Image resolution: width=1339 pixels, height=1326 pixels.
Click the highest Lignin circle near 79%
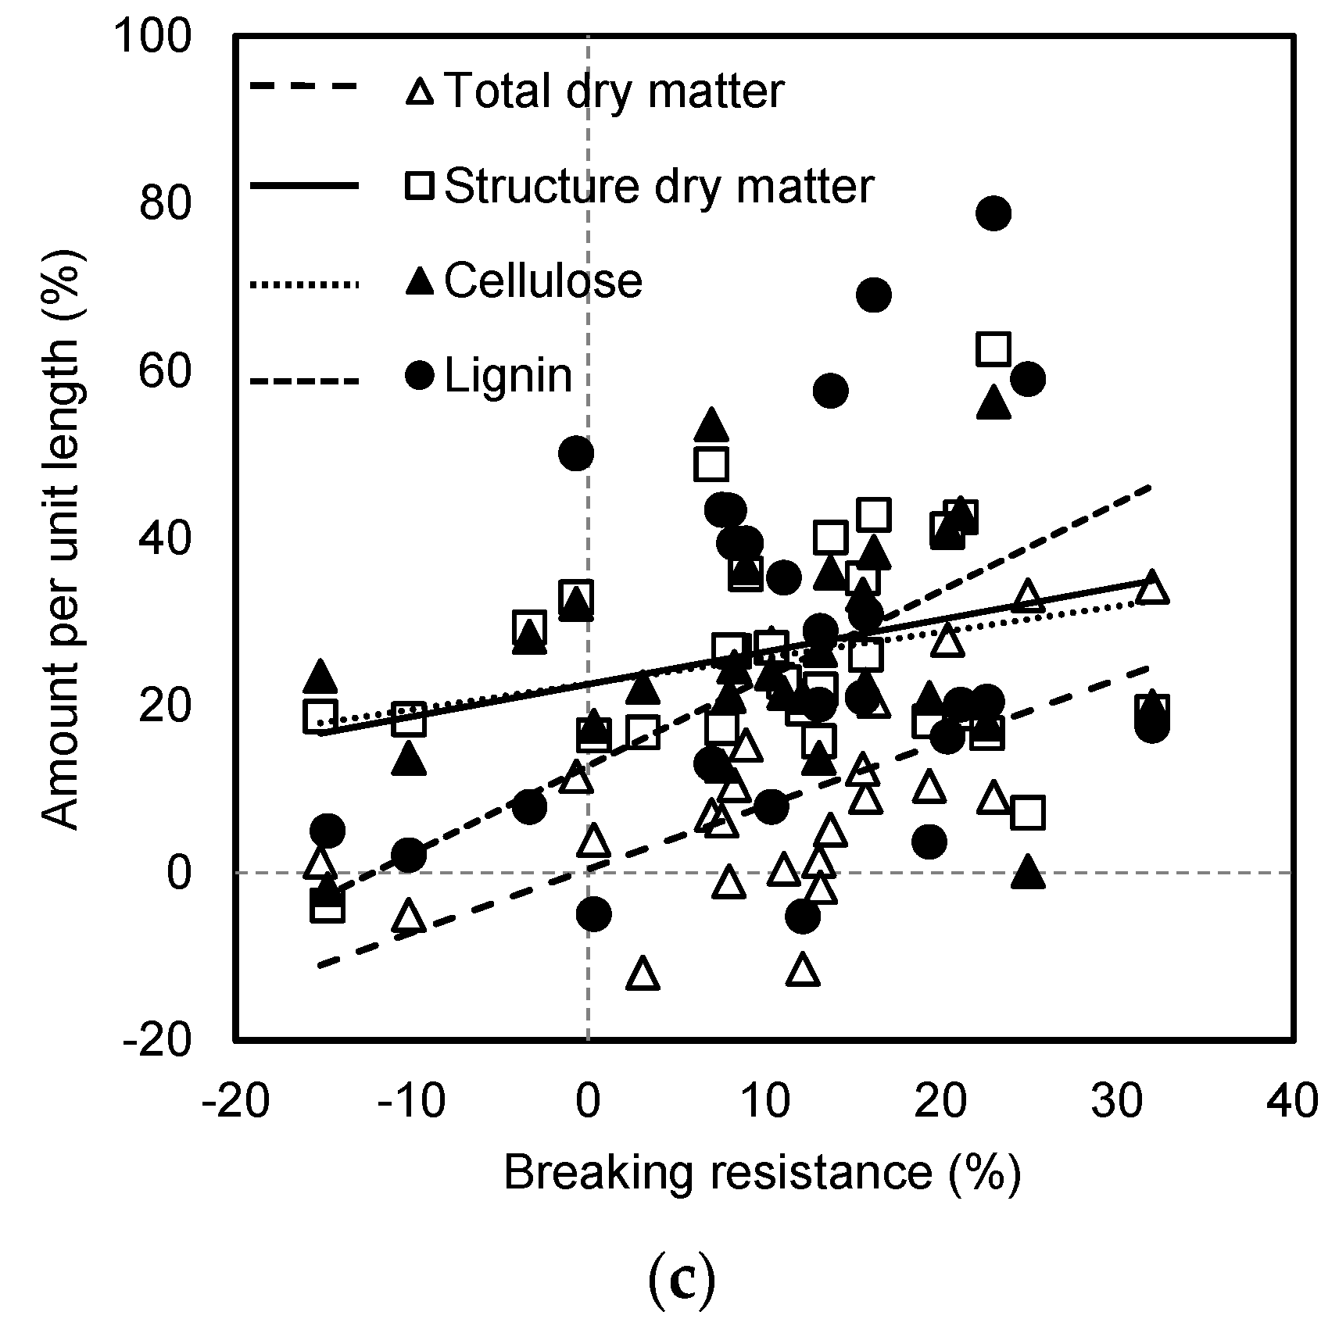(x=994, y=213)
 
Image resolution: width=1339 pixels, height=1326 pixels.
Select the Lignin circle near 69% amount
(x=874, y=295)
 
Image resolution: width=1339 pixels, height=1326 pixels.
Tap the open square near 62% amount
(x=994, y=348)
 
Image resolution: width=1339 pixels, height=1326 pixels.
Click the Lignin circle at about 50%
(x=576, y=453)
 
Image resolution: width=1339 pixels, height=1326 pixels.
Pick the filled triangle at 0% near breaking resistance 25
(x=1028, y=872)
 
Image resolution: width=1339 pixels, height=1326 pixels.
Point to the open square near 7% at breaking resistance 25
(x=1028, y=813)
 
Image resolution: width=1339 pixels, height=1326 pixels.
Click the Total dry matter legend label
(x=614, y=91)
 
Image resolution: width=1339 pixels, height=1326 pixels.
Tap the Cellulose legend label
(x=543, y=281)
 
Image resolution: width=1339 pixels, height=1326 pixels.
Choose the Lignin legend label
(x=508, y=376)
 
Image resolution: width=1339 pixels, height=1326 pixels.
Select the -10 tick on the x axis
(x=411, y=1100)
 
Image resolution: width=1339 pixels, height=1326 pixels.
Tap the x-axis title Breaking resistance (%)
(x=762, y=1173)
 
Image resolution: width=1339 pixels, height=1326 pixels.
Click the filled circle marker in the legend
(x=421, y=376)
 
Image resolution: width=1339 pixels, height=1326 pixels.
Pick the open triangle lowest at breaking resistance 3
(x=643, y=974)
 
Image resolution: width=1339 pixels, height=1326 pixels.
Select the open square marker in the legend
(x=421, y=186)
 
